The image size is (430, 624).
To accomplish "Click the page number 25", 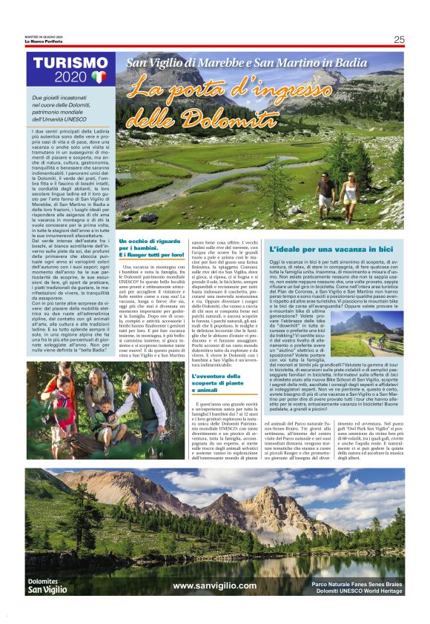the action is point(399,40).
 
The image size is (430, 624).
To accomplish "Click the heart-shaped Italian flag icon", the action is point(99,77).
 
